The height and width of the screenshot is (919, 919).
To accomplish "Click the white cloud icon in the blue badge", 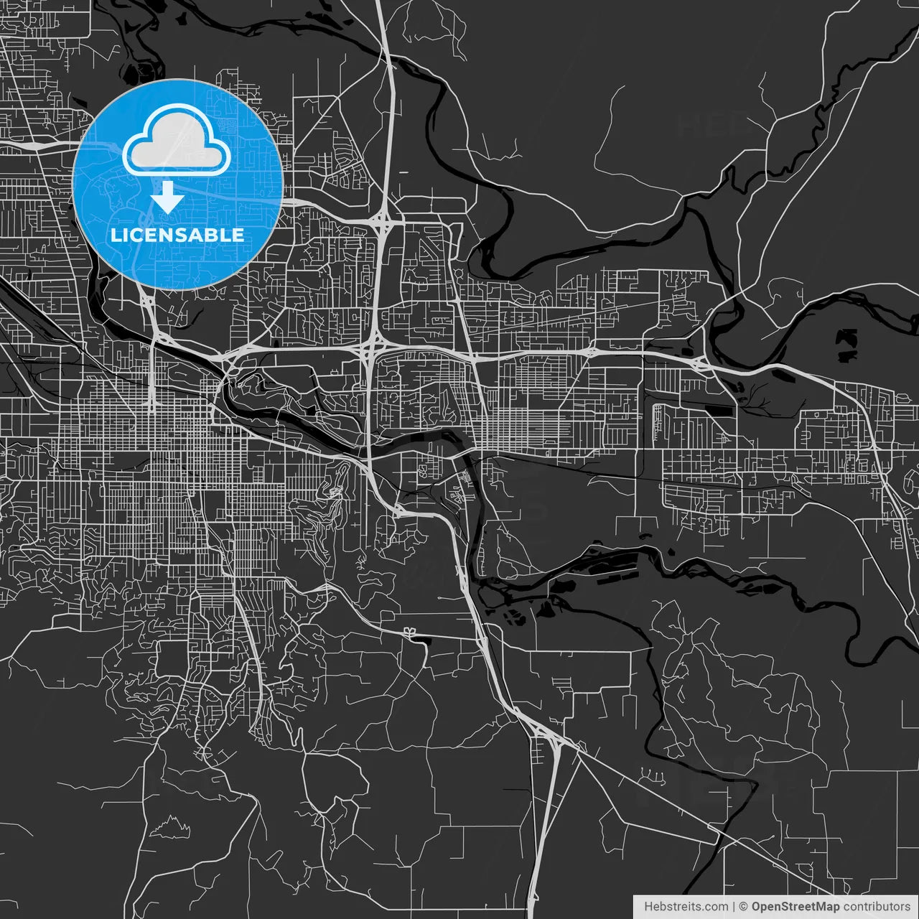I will click(x=177, y=139).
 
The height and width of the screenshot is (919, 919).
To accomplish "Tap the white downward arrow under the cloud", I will click(x=168, y=196).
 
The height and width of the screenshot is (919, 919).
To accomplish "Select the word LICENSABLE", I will click(x=177, y=235).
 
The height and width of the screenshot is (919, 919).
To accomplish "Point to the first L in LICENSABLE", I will click(x=115, y=235).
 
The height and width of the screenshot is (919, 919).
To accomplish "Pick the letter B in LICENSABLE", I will click(x=218, y=235).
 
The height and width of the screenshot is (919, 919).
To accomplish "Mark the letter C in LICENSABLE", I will click(x=137, y=235).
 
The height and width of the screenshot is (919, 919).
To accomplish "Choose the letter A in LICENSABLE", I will click(x=200, y=235).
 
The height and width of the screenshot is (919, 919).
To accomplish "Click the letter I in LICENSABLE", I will click(x=126, y=235).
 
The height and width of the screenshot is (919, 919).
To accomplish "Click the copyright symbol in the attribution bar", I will click(x=744, y=907).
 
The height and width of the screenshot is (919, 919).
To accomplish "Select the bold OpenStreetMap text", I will click(x=796, y=907).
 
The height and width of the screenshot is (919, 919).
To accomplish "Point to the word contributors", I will click(x=877, y=907).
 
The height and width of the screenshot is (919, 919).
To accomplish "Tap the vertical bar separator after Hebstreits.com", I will click(x=734, y=907).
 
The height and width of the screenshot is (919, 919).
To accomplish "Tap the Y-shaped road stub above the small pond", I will click(x=410, y=631).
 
